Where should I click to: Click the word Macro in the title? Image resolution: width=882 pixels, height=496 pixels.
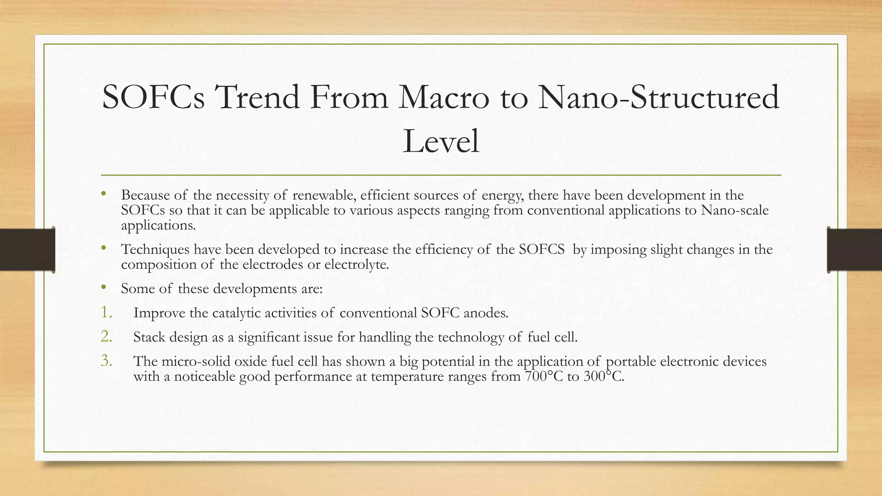444,97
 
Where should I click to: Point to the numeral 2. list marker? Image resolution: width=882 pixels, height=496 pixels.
106,336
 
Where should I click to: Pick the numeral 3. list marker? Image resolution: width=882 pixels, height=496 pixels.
106,360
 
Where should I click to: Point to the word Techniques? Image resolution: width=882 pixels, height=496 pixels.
155,250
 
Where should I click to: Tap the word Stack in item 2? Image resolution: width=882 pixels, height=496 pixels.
149,337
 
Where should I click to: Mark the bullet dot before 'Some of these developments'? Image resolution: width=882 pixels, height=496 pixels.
103,287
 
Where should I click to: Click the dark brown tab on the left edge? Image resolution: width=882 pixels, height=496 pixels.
27,250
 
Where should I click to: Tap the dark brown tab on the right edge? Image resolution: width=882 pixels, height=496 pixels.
854,250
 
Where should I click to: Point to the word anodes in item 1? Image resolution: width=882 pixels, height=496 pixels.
486,313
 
